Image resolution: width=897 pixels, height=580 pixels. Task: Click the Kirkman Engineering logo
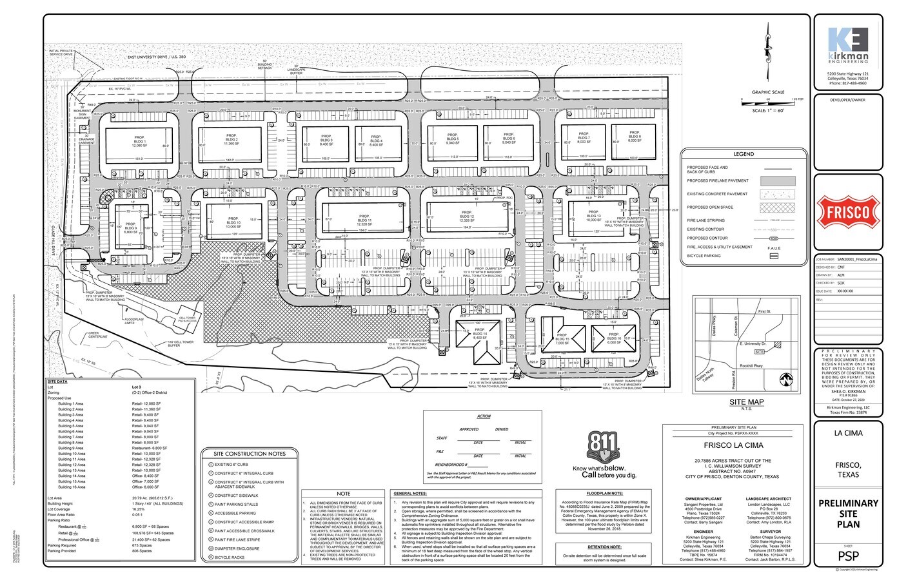tap(847, 46)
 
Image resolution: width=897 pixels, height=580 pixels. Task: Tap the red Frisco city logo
tap(847, 212)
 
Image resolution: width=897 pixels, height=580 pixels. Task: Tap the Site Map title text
tap(746, 401)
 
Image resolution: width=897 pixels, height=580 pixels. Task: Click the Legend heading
tap(743, 155)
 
